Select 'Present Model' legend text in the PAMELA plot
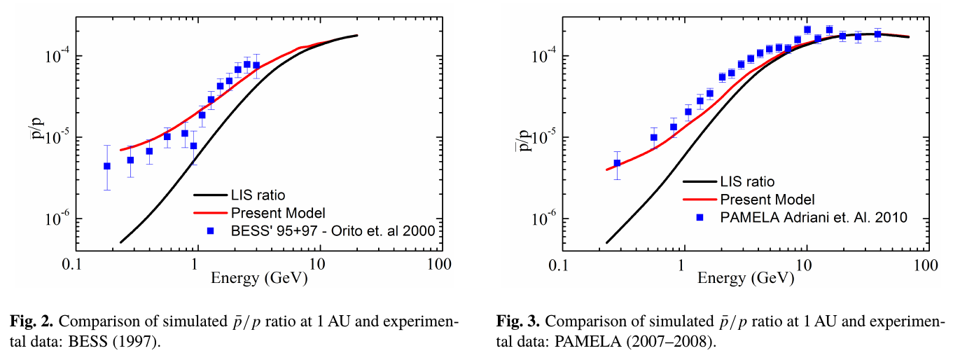pyautogui.click(x=767, y=200)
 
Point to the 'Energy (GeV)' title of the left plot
pyautogui.click(x=258, y=279)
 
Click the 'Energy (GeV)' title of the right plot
pyautogui.click(x=746, y=279)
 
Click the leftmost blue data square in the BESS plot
pyautogui.click(x=107, y=166)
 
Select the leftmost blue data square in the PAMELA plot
pyautogui.click(x=617, y=163)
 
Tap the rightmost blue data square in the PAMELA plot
pyautogui.click(x=877, y=34)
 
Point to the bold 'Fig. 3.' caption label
pyautogui.click(x=518, y=322)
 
